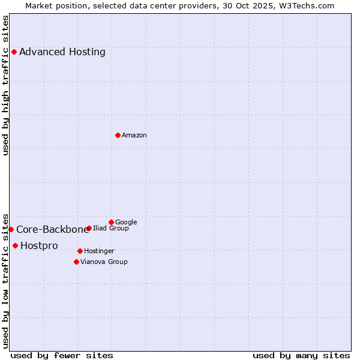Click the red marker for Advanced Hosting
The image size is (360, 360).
click(x=14, y=52)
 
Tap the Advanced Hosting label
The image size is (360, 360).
click(x=62, y=52)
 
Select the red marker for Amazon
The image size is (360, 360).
click(x=118, y=135)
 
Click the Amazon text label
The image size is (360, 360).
click(x=134, y=136)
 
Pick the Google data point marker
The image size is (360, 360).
click(x=111, y=222)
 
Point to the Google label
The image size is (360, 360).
click(x=126, y=223)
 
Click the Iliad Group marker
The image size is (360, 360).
click(x=89, y=228)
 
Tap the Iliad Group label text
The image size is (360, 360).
click(x=111, y=229)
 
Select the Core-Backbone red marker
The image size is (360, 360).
click(x=11, y=229)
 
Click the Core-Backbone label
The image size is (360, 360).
click(x=52, y=229)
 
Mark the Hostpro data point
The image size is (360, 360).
click(x=15, y=245)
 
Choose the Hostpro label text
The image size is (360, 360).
click(x=39, y=246)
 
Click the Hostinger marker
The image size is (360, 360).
click(x=80, y=251)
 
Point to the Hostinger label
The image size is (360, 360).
click(x=99, y=251)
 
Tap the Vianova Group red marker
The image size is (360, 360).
click(x=76, y=262)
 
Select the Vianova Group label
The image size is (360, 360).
click(x=104, y=262)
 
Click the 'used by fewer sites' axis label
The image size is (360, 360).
click(x=62, y=355)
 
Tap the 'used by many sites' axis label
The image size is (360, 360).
click(x=301, y=355)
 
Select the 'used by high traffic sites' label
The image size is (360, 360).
click(x=5, y=85)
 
